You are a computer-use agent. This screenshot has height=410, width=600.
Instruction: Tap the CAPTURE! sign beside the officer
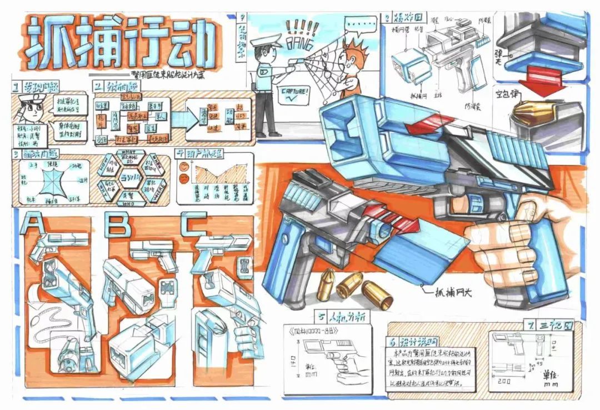(297, 92)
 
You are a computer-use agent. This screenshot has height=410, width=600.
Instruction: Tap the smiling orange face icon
(183, 165)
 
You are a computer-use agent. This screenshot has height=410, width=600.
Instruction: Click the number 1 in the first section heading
(17, 87)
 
